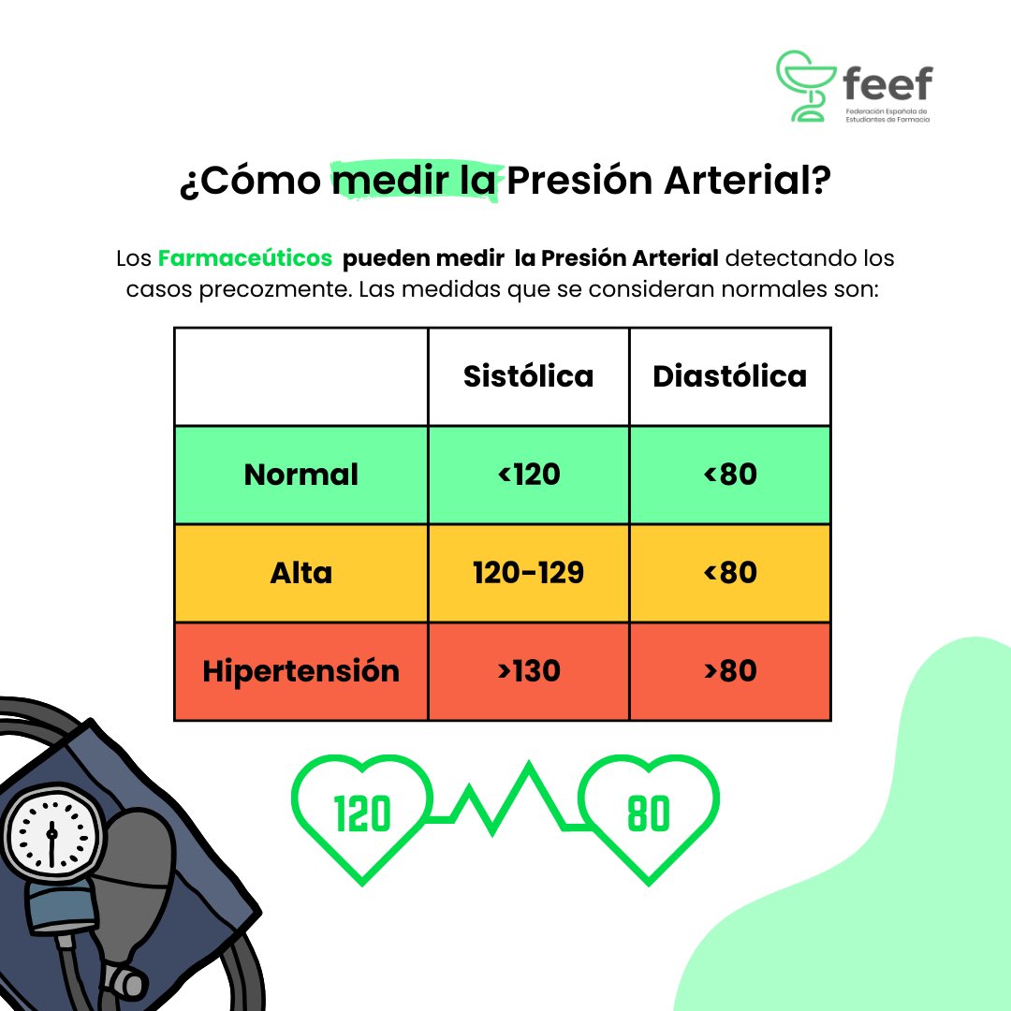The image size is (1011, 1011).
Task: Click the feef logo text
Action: tap(886, 85)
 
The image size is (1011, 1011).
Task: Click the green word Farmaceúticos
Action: tap(244, 257)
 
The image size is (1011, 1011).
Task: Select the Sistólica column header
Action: tap(528, 375)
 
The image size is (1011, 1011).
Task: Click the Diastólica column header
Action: tap(729, 375)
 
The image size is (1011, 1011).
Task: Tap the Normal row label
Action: tap(300, 475)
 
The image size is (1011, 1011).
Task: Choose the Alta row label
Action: tap(300, 573)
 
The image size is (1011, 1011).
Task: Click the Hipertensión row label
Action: tap(300, 671)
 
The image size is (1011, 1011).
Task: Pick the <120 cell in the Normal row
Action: tap(528, 475)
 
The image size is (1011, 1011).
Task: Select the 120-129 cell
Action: tap(528, 573)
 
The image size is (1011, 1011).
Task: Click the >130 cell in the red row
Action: tap(528, 671)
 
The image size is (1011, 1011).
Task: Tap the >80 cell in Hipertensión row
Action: tap(729, 671)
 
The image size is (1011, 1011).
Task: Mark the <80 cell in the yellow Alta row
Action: tap(729, 573)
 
